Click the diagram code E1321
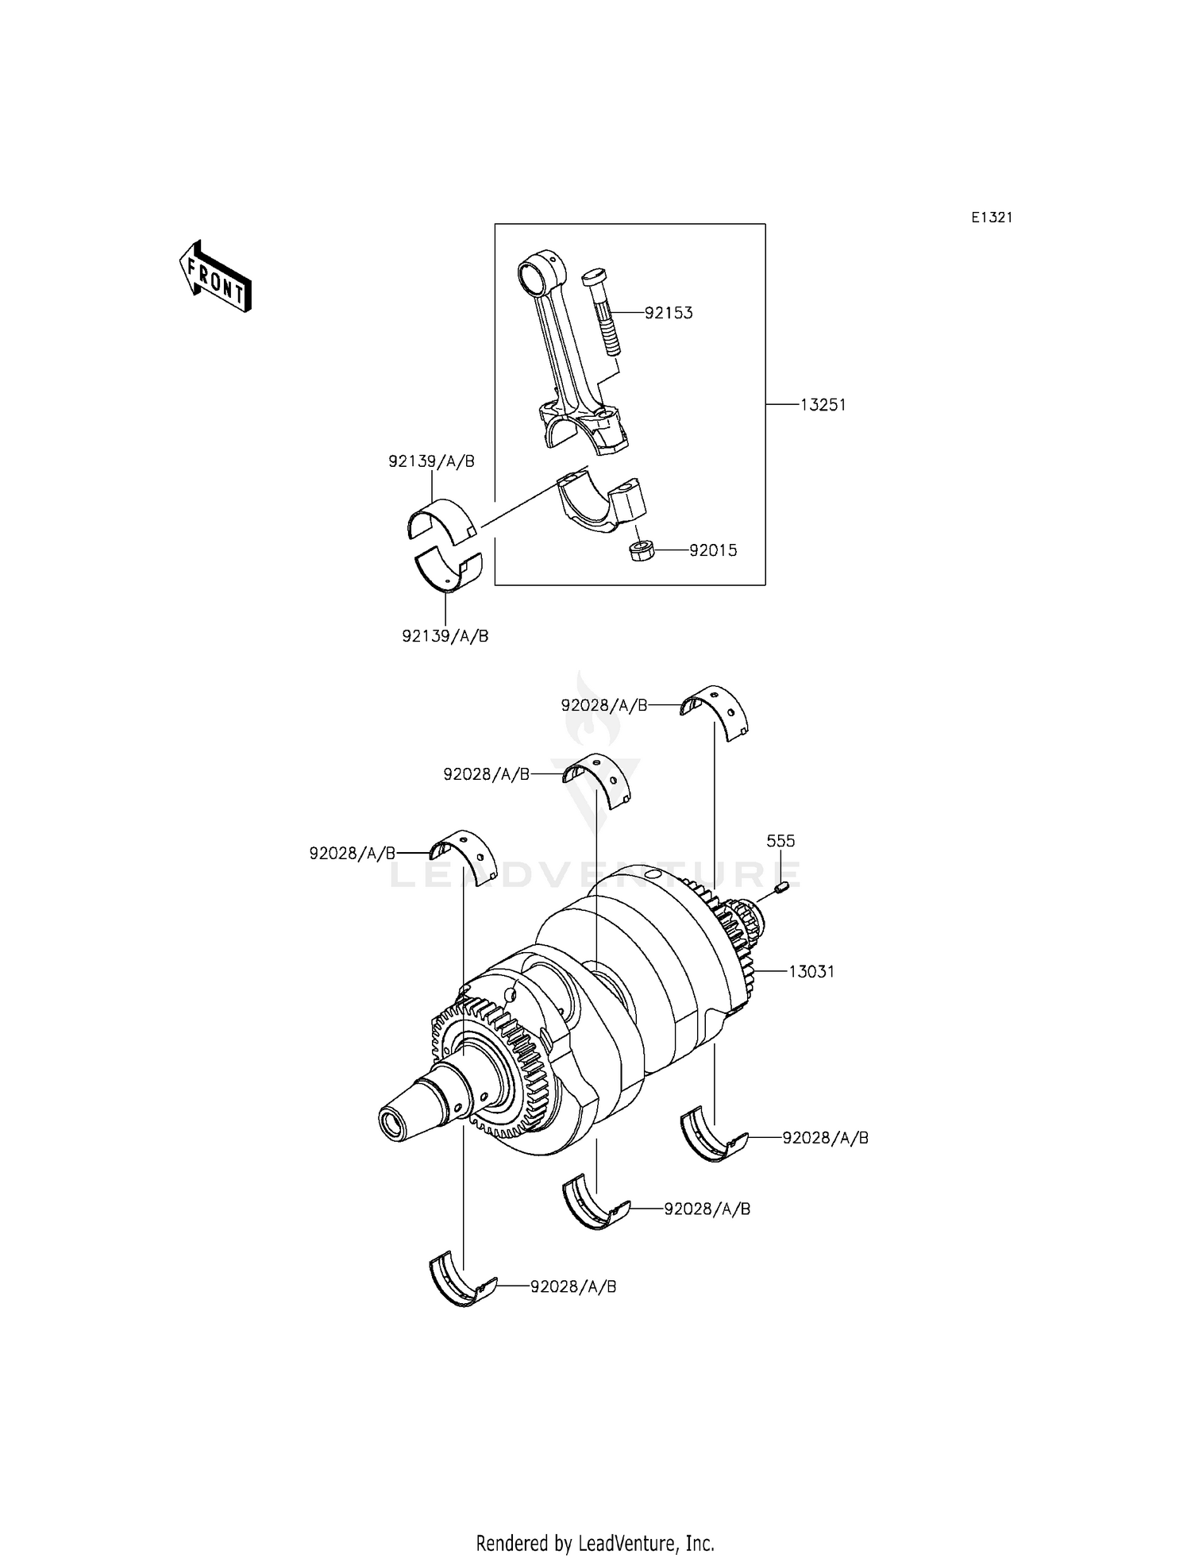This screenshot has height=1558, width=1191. coord(992,218)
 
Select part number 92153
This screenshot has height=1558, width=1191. coord(668,313)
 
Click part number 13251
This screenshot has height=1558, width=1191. coord(823,405)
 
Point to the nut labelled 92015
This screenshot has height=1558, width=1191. coord(641,550)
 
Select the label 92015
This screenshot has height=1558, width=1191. coord(712,550)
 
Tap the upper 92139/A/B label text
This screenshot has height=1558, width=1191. coord(431,461)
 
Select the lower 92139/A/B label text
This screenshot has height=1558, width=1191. coord(445,636)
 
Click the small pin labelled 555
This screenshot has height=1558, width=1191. coord(780,887)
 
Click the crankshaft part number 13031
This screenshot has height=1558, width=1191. coord(811,971)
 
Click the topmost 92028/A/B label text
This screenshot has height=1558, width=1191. coord(603,705)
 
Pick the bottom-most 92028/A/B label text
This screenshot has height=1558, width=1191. coord(573,1286)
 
